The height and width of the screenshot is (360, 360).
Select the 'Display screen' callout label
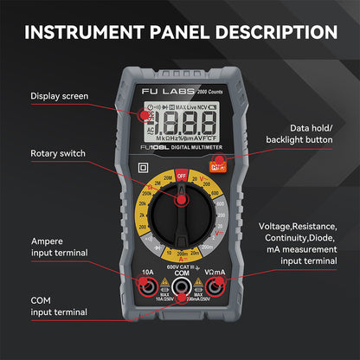[x=59, y=95]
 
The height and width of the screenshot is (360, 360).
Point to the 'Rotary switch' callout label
[x=59, y=153]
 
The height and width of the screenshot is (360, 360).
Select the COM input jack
[x=182, y=289]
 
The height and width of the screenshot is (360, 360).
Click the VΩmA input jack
[x=215, y=287]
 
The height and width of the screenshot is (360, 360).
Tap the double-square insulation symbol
[x=145, y=167]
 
